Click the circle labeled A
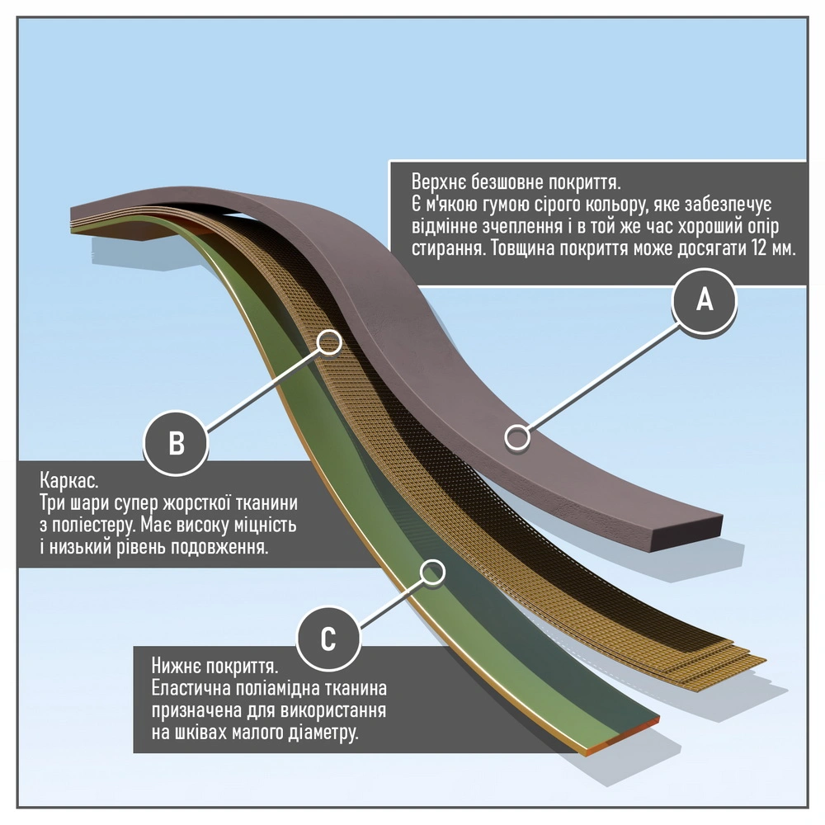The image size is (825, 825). pos(704,302)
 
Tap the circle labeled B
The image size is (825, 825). pos(177,443)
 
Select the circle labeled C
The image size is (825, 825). pos(328,638)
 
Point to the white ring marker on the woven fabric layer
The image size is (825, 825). pos(329,342)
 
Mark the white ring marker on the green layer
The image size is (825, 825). pos(431,571)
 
